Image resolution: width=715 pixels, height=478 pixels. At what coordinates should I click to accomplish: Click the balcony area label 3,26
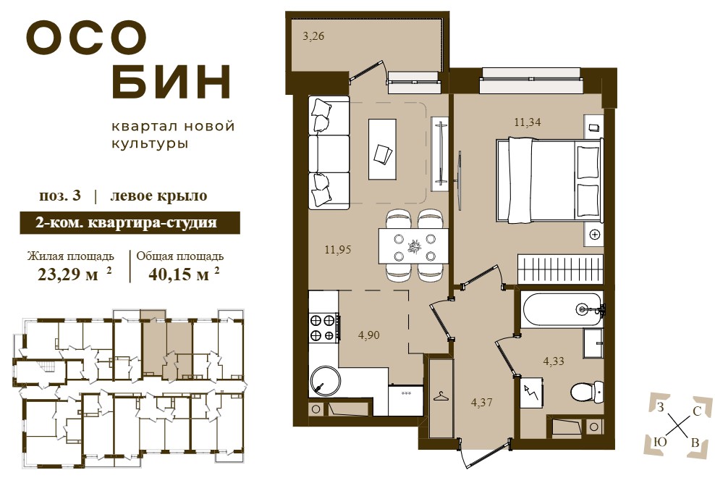[313, 36]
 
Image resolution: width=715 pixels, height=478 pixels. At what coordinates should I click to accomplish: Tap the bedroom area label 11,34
[528, 122]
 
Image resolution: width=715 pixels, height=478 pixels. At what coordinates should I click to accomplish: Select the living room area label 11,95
[337, 250]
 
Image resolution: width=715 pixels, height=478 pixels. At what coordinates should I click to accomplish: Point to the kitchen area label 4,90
[368, 335]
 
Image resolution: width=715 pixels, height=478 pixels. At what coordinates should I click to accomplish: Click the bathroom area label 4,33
[553, 361]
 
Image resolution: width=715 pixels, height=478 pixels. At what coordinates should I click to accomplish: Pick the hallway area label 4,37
[481, 403]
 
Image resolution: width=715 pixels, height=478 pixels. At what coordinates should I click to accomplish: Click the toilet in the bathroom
[587, 391]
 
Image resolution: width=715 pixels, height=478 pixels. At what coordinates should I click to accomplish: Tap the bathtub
[562, 309]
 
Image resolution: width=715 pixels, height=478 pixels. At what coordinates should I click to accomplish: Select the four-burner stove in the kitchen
[324, 328]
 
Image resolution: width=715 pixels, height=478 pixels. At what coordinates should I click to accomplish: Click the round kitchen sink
[326, 382]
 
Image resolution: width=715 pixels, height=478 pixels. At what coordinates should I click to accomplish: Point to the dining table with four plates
[413, 246]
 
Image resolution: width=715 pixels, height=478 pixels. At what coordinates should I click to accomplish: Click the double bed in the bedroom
[549, 181]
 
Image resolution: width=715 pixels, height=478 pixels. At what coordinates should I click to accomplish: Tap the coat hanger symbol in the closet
[441, 396]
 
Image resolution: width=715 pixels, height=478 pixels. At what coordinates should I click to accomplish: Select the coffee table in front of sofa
[382, 149]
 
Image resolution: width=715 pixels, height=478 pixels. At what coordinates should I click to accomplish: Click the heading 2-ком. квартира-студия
[127, 223]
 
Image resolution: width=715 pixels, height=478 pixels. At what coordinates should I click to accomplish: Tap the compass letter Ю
[660, 442]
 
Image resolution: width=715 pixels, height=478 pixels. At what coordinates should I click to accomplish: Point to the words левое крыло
[158, 196]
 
